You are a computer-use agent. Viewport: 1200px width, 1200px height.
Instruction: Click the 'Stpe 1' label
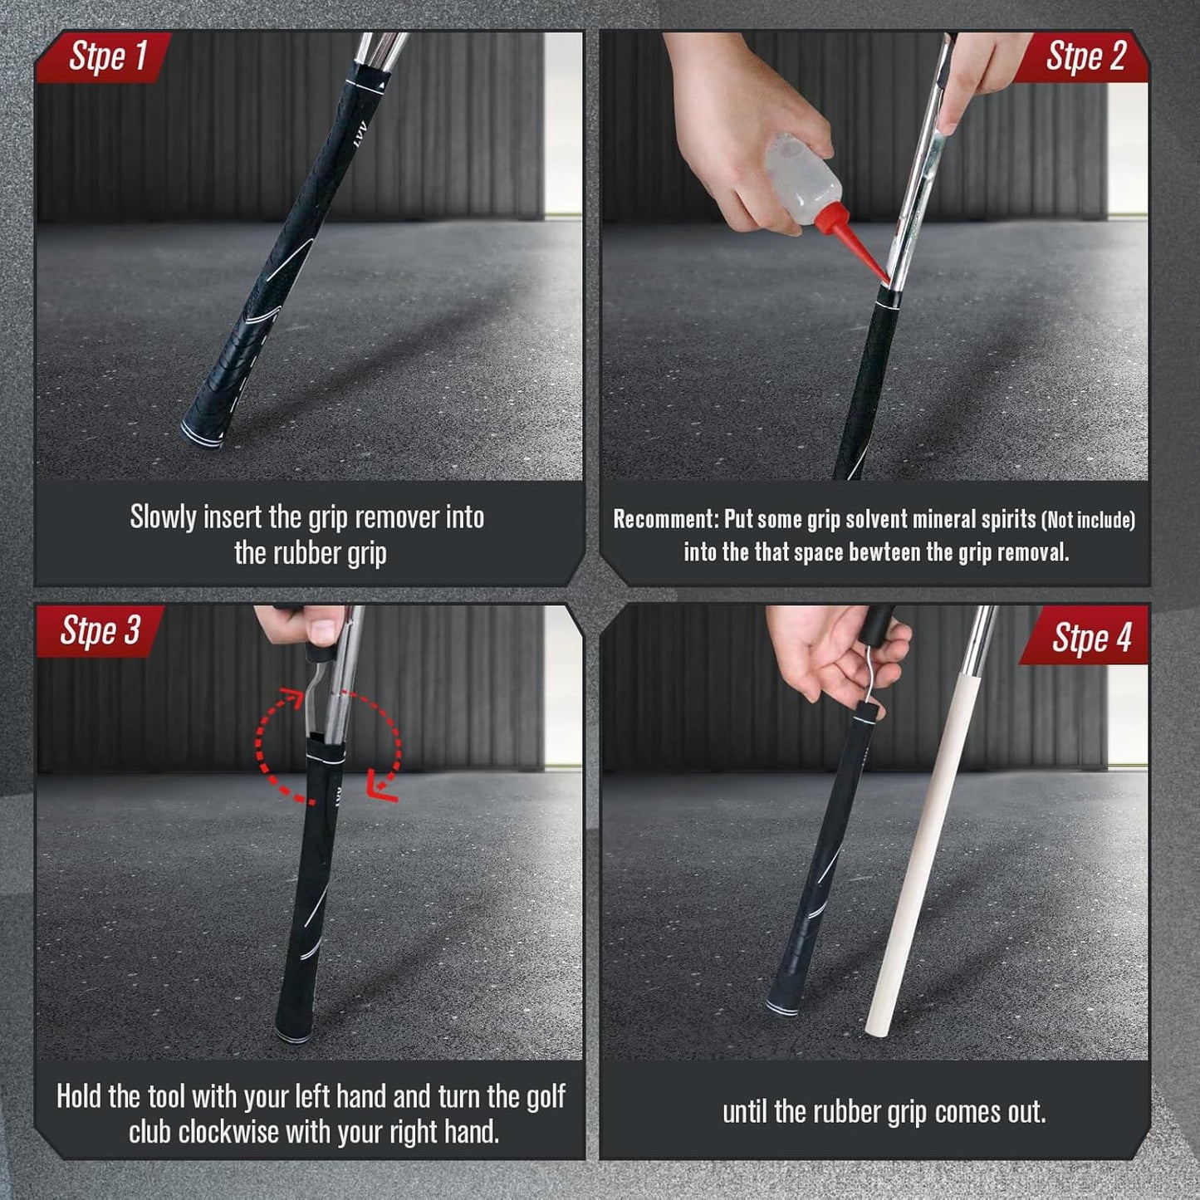[x=108, y=56]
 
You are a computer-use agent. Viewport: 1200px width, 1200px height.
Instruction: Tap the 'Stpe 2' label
[x=1085, y=56]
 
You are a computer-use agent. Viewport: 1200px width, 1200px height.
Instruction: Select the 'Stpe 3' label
[x=100, y=631]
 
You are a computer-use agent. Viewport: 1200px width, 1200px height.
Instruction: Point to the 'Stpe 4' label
[x=1091, y=638]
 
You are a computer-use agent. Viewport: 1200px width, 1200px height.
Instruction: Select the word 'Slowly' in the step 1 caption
[x=163, y=517]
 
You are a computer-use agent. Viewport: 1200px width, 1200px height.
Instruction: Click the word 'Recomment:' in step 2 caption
[x=665, y=520]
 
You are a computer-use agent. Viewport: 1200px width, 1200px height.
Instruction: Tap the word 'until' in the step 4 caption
[x=745, y=1111]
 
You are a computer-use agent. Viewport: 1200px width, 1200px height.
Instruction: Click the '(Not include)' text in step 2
[x=1088, y=520]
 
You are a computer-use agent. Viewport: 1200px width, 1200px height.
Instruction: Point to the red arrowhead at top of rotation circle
[x=291, y=698]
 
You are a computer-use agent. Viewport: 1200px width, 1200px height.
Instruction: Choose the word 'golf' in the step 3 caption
[x=546, y=1096]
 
